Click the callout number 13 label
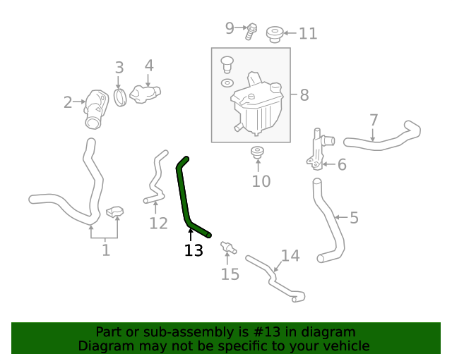(x=194, y=250)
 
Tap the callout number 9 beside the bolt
(x=230, y=28)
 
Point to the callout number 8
(x=304, y=94)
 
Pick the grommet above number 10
(x=258, y=152)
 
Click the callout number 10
(x=261, y=182)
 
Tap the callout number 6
(x=342, y=165)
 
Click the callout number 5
(x=354, y=218)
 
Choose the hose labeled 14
(x=275, y=281)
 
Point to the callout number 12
(x=158, y=224)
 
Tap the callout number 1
(x=106, y=250)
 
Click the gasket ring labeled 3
(x=119, y=95)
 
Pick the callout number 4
(x=149, y=66)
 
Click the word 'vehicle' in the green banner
(x=345, y=346)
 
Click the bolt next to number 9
(x=251, y=30)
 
